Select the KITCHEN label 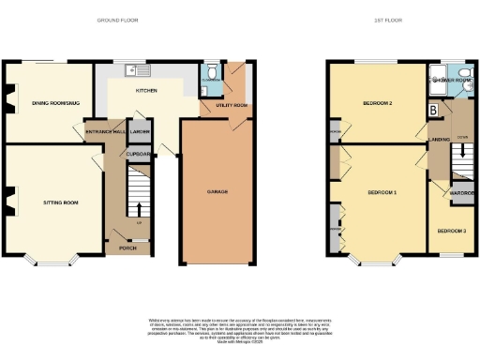pyautogui.click(x=146, y=91)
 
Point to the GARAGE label pyautogui.click(x=217, y=191)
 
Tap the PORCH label pyautogui.click(x=122, y=248)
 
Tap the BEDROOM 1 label pyautogui.click(x=382, y=192)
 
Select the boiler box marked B pyautogui.click(x=433, y=111)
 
